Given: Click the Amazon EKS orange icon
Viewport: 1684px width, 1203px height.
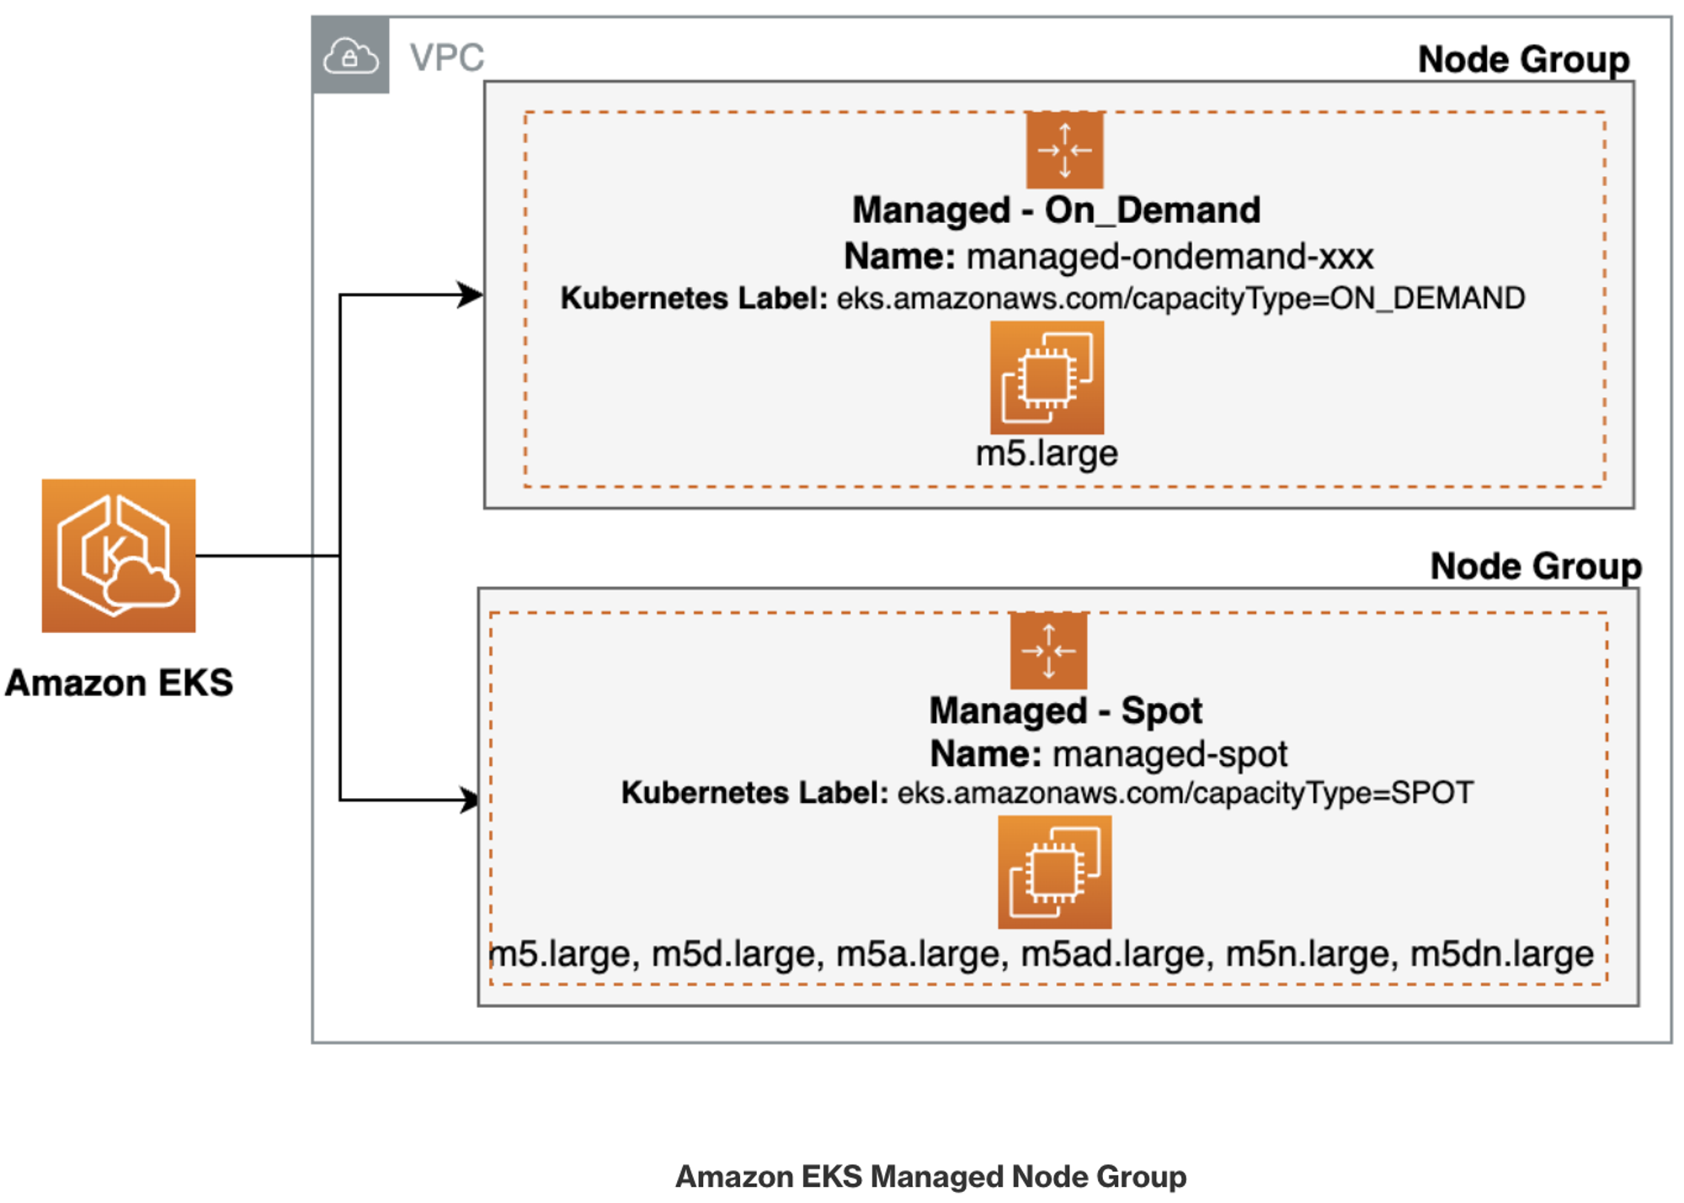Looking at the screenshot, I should [119, 555].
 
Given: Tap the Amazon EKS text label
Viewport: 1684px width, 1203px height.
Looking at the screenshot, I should [119, 682].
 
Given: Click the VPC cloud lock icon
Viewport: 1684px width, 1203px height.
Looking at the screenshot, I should [350, 56].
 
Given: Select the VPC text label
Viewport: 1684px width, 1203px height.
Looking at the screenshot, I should [446, 58].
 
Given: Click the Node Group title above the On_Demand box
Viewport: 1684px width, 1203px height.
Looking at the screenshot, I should [1522, 60].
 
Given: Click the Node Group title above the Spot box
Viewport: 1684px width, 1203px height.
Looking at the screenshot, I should [1535, 566].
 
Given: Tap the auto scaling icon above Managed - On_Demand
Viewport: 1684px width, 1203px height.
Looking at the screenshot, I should [1063, 150].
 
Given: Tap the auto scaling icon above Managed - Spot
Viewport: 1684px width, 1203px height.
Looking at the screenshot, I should [1048, 651].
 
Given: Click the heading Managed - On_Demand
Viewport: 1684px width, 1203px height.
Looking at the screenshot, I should [1056, 210].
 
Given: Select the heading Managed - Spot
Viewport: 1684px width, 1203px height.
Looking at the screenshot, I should [1065, 711].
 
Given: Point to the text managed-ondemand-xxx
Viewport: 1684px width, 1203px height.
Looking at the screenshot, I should [1170, 256].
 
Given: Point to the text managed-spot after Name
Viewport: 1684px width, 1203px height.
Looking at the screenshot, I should [1170, 753].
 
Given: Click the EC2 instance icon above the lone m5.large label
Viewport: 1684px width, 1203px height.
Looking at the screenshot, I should [1047, 377].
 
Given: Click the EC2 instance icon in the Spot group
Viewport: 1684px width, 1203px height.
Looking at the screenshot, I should [1054, 871].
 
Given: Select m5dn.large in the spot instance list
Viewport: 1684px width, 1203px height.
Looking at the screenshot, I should [1501, 954].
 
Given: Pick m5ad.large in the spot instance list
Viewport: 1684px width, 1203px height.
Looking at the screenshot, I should [1116, 954].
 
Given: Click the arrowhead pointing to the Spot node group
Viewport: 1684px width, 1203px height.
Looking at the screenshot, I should [469, 799].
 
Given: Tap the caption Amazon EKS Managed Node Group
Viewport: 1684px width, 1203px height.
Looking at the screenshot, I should [930, 1175].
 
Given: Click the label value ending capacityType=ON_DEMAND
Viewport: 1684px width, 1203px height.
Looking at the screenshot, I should [1180, 298].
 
